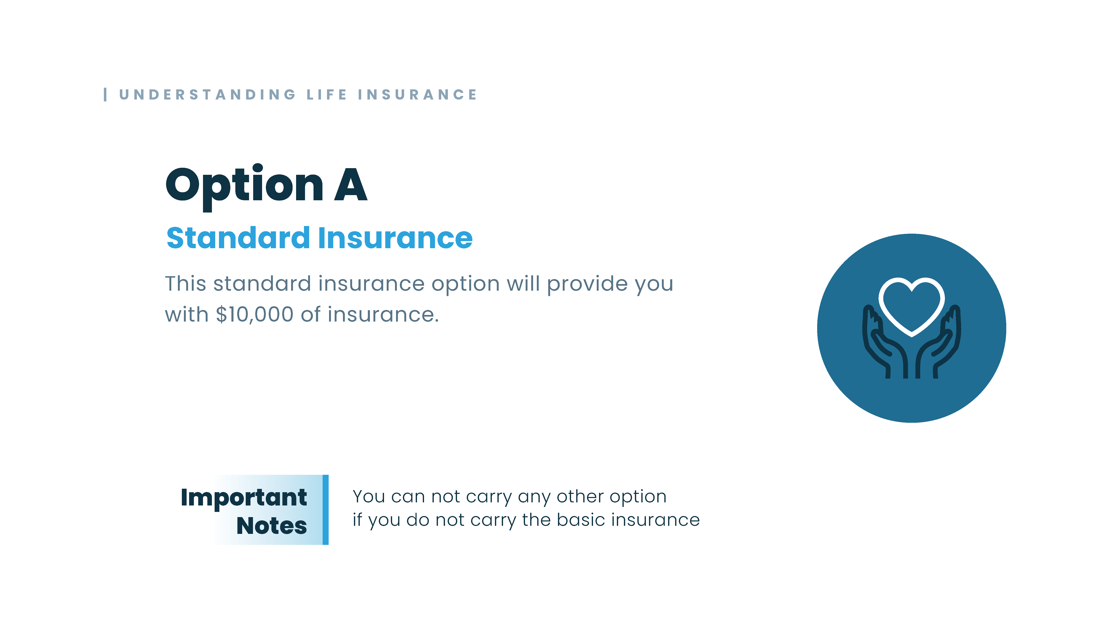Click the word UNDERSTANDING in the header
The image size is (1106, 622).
point(207,94)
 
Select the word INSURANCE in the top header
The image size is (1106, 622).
point(417,94)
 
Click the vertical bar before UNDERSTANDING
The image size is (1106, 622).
point(105,94)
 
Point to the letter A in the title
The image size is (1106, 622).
point(351,185)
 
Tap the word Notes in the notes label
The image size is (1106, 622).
point(271,526)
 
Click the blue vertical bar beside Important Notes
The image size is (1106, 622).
point(326,510)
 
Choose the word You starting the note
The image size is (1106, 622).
point(368,497)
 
